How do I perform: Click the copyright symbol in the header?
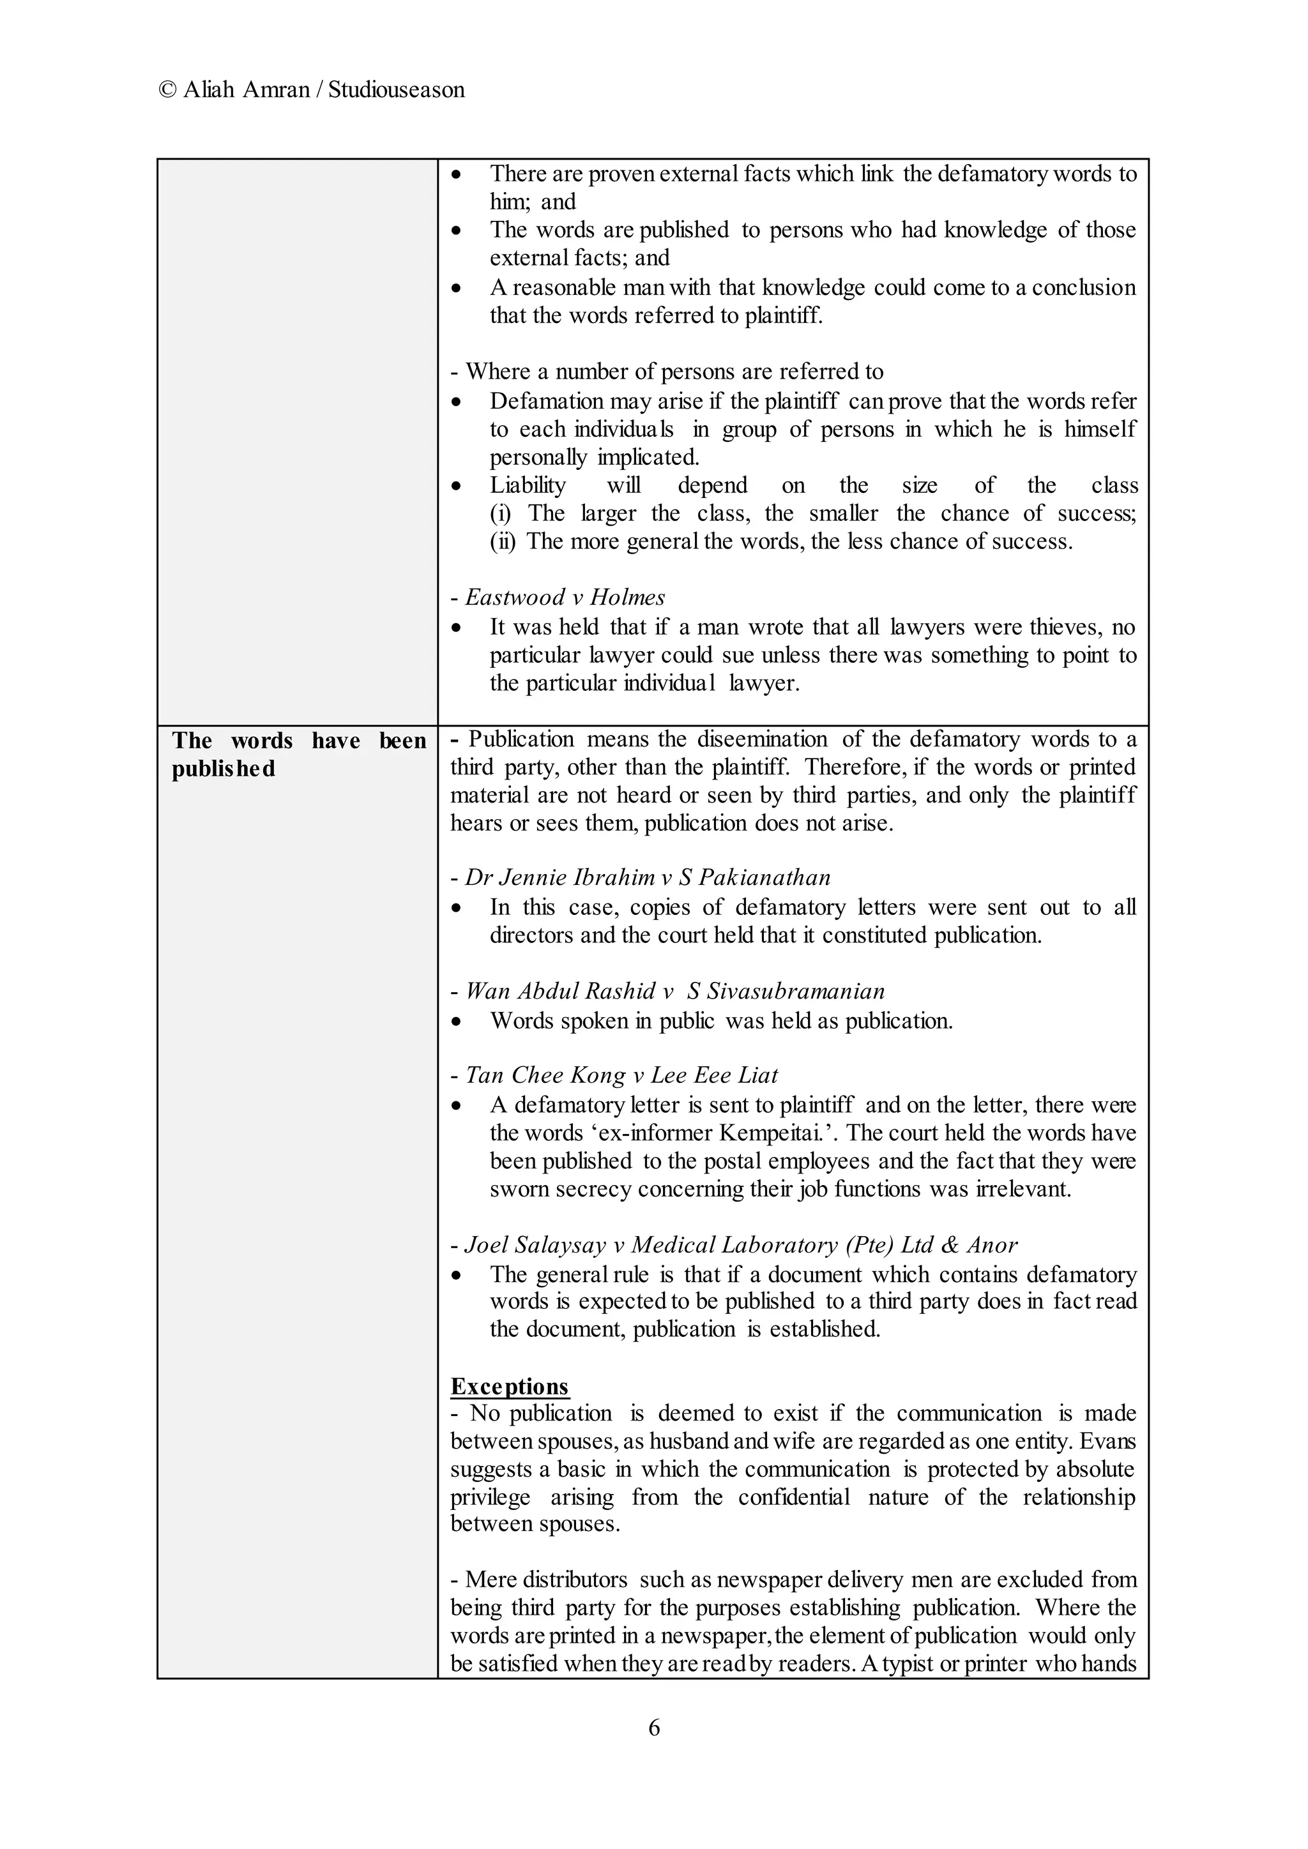click(167, 89)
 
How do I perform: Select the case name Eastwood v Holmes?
click(565, 598)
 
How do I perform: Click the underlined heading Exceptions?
click(509, 1386)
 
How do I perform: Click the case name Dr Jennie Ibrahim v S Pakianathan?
click(648, 877)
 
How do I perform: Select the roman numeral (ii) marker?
click(503, 541)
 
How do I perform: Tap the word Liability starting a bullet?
click(528, 486)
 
